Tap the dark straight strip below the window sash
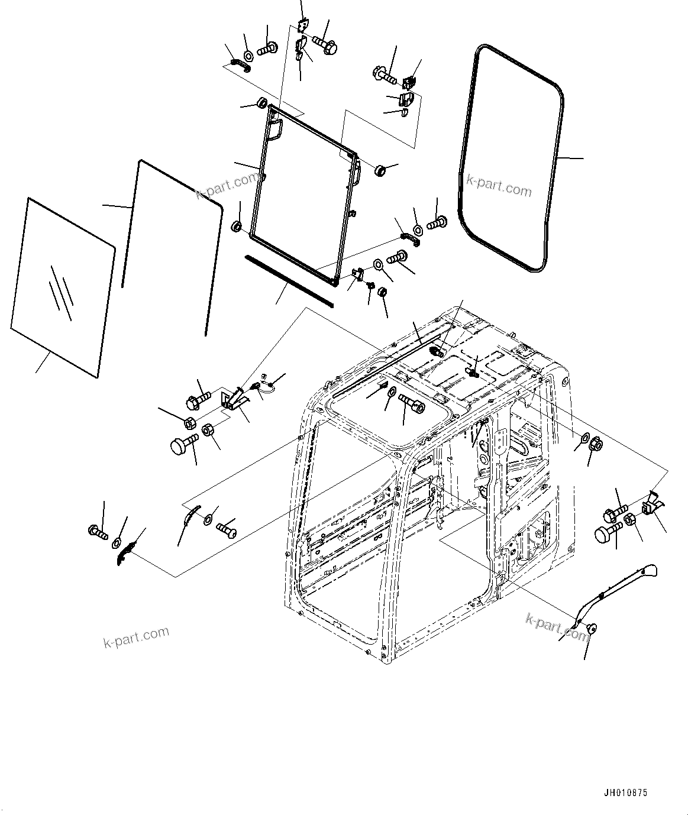point(289,281)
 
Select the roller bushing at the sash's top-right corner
point(379,171)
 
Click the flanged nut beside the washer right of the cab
point(596,444)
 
